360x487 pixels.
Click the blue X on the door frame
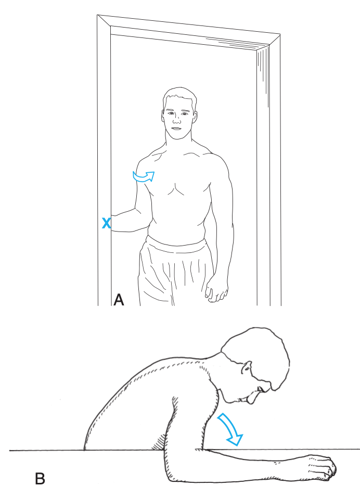tap(106, 223)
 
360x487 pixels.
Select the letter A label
tap(119, 300)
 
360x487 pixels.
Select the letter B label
tap(40, 479)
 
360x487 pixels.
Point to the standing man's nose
tap(176, 120)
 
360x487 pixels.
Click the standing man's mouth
tap(176, 129)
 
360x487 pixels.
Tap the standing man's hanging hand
tap(216, 290)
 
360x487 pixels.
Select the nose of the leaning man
tap(260, 390)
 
